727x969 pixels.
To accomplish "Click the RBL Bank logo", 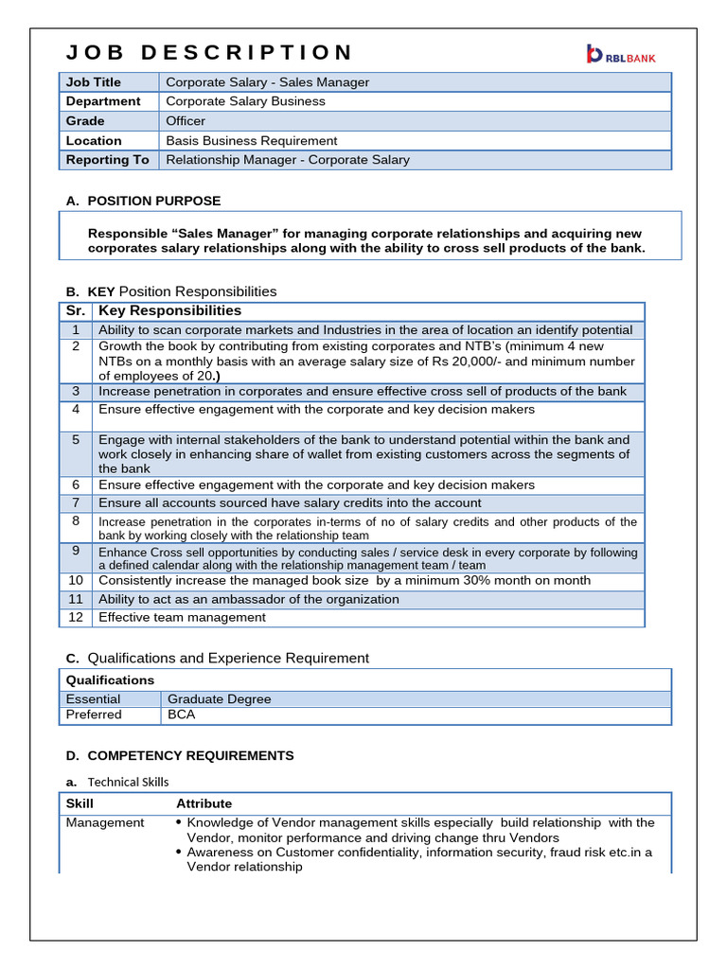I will coord(621,55).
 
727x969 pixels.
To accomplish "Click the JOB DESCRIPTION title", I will coord(209,52).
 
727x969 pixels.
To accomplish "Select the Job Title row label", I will coord(94,82).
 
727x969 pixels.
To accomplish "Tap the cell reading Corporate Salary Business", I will coord(245,101).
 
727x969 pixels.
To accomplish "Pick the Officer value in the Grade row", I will coord(186,121).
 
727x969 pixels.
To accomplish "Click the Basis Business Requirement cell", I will coord(251,140).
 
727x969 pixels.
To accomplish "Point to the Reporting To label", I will coord(107,160).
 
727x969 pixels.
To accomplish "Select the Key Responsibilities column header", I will coord(169,310).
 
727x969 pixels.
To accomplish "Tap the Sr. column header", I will coord(76,310).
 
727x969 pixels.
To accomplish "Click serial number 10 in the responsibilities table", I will coord(76,580).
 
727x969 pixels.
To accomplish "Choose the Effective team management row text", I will coord(182,617).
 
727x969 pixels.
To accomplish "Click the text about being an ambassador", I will coord(249,599).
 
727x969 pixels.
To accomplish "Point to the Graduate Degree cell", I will coord(219,698).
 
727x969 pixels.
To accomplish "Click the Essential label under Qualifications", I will coord(93,698).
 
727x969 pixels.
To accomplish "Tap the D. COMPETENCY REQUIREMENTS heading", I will coord(190,755).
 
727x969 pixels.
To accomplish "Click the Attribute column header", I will coord(204,802).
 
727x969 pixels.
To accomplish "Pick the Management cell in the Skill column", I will coord(105,822).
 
